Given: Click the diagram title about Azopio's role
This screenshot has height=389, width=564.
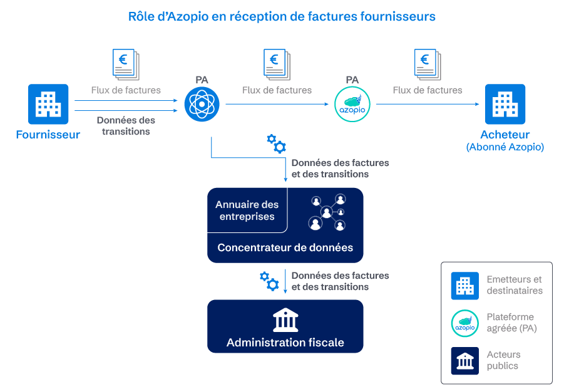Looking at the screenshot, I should pyautogui.click(x=282, y=17).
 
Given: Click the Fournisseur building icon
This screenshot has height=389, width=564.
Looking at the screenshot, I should pyautogui.click(x=48, y=104).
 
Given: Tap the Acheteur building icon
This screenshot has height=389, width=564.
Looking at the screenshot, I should pyautogui.click(x=505, y=104).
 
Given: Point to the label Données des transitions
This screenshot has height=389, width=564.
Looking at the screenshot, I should pyautogui.click(x=126, y=125).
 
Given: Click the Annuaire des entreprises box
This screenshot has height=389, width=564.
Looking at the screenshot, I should pyautogui.click(x=247, y=210).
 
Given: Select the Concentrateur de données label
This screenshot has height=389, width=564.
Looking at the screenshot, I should pyautogui.click(x=285, y=247).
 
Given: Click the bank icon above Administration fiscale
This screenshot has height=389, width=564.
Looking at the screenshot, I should pyautogui.click(x=285, y=321).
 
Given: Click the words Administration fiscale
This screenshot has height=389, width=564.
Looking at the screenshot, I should pyautogui.click(x=285, y=343).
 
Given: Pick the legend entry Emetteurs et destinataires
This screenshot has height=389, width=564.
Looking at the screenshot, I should pyautogui.click(x=514, y=285).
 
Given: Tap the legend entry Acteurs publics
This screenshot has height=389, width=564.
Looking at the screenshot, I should pyautogui.click(x=503, y=360).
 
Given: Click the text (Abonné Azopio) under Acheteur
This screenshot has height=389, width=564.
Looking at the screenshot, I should pyautogui.click(x=505, y=147).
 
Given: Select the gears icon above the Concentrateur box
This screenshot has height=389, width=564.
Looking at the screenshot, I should pyautogui.click(x=276, y=143).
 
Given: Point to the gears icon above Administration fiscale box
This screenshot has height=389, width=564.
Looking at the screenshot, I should pyautogui.click(x=269, y=280).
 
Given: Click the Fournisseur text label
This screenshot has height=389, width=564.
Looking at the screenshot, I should pyautogui.click(x=48, y=135).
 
